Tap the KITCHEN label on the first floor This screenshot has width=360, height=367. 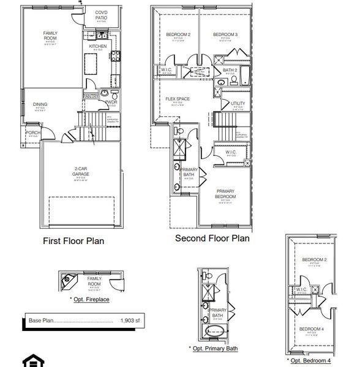pyautogui.click(x=97, y=46)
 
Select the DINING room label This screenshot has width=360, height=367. pyautogui.click(x=40, y=105)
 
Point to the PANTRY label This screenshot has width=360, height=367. pyautogui.click(x=90, y=95)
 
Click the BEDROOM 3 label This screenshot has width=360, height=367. pyautogui.click(x=225, y=35)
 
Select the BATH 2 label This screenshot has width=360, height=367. pyautogui.click(x=230, y=71)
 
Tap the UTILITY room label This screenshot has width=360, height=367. pyautogui.click(x=238, y=104)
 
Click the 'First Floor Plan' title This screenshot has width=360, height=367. pyautogui.click(x=73, y=241)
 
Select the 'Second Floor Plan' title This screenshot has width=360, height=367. pyautogui.click(x=212, y=239)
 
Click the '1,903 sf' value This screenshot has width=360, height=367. pyautogui.click(x=130, y=320)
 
